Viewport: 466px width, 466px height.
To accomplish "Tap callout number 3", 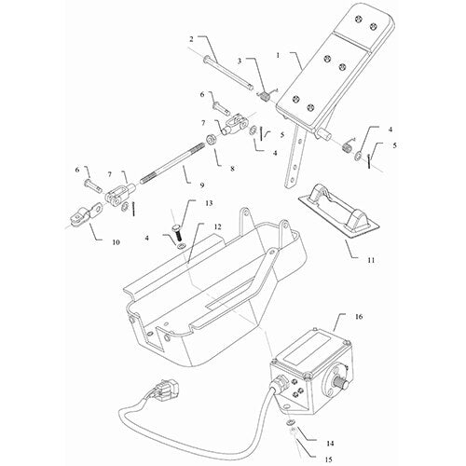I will pos(240,62).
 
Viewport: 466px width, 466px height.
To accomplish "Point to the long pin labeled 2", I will pos(224,70).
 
